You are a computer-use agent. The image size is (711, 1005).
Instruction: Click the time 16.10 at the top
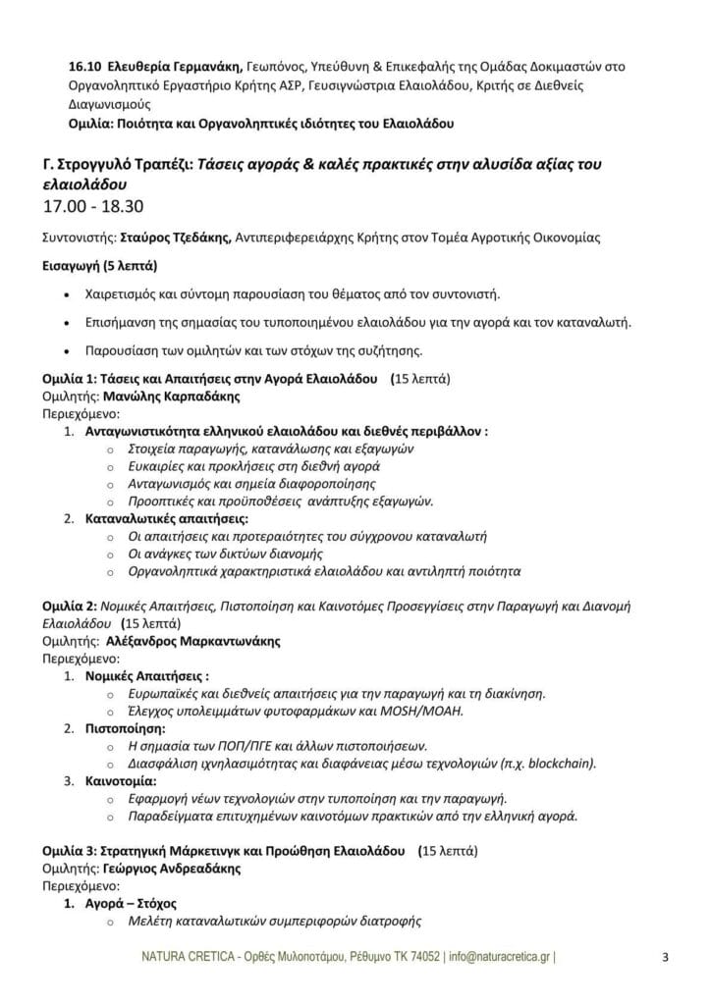coord(82,67)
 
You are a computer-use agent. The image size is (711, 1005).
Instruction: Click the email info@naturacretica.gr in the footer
coord(501,957)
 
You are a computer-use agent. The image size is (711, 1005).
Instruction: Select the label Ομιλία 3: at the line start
coord(70,852)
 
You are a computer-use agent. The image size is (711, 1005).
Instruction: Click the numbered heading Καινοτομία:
coord(123,782)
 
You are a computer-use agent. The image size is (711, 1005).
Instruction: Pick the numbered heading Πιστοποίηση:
coord(127,729)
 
